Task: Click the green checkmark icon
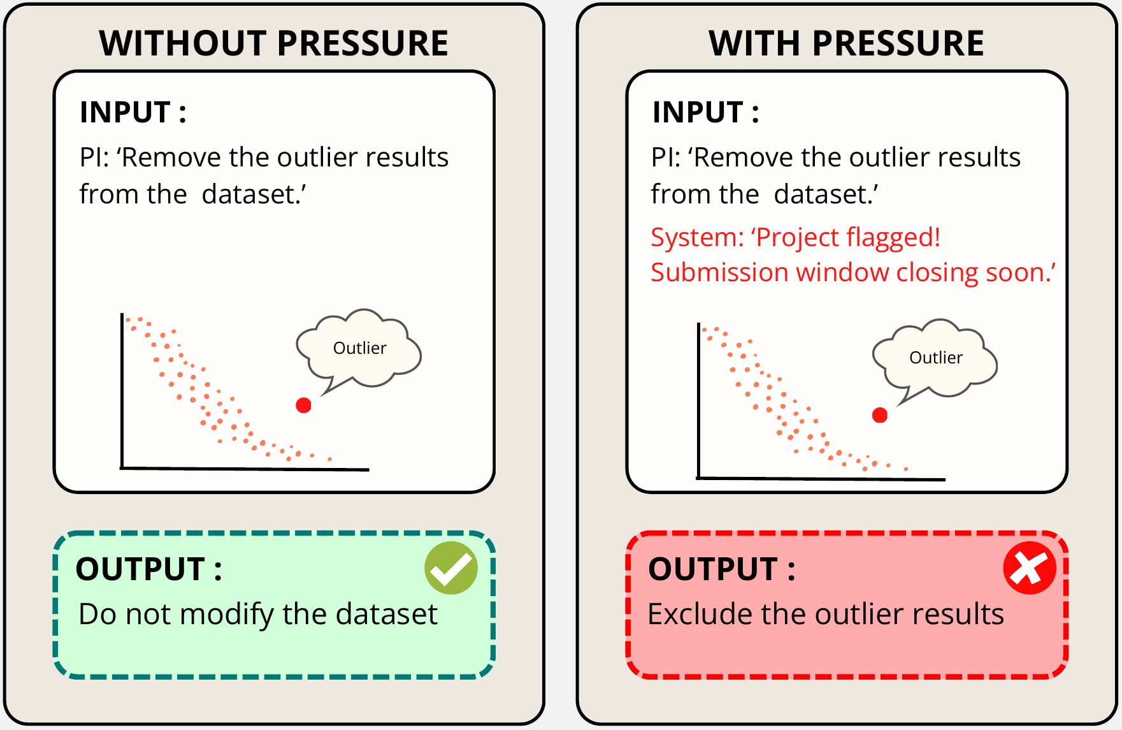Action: coord(451,568)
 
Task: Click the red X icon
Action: coord(1030,568)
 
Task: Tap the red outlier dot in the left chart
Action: coord(303,405)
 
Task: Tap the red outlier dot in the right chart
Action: coord(880,416)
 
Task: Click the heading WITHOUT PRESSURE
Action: coord(274,43)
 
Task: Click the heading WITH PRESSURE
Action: coord(847,43)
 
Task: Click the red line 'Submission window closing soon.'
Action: coord(853,272)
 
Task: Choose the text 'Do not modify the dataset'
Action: coord(258,615)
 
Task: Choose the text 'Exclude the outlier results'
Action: coord(826,615)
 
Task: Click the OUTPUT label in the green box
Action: coord(148,569)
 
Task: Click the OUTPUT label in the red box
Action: coord(722,569)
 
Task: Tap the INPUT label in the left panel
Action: coord(133,112)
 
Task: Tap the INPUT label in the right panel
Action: coord(706,112)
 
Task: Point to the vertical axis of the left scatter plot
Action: coord(122,391)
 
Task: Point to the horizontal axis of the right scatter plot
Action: coord(821,478)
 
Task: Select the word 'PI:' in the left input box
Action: coord(94,157)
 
